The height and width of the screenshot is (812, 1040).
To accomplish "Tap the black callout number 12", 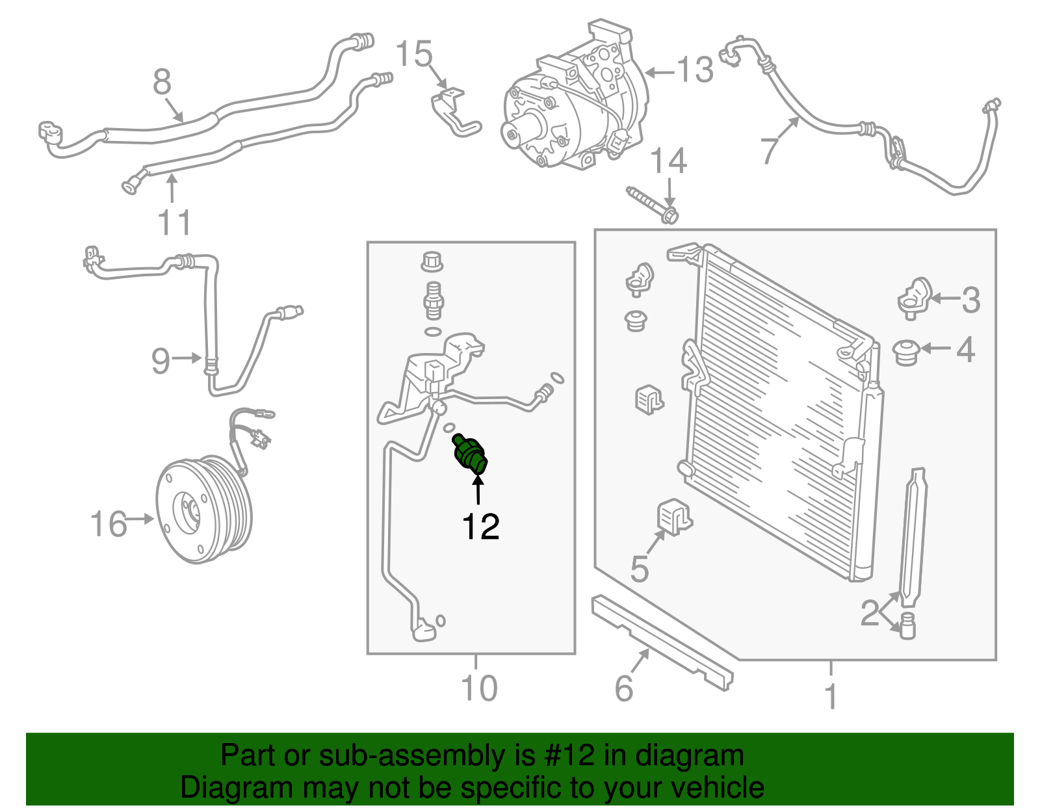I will [480, 527].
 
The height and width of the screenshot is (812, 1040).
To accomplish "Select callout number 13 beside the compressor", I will [695, 70].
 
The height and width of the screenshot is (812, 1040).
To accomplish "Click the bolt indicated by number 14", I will [650, 202].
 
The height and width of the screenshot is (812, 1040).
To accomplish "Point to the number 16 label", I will [108, 524].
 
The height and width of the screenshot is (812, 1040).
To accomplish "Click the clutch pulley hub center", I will [190, 511].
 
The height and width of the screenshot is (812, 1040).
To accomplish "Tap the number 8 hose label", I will [162, 83].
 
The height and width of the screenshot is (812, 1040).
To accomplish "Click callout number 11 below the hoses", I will [174, 223].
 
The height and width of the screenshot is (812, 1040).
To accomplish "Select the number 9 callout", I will [161, 361].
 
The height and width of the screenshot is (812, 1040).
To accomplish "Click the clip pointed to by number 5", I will [675, 517].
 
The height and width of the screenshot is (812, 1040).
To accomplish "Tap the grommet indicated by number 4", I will [905, 352].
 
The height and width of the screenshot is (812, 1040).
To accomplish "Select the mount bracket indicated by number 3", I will [915, 298].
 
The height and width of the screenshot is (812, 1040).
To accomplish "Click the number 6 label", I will [623, 688].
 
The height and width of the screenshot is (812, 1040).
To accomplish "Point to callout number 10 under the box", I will [478, 688].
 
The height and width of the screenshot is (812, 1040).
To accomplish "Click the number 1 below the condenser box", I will [831, 696].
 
